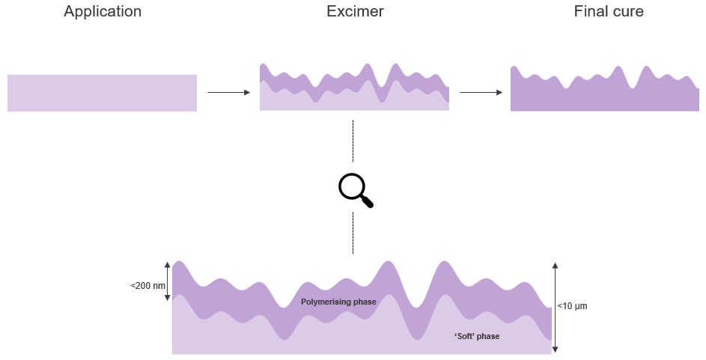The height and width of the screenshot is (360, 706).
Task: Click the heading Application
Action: tap(103, 12)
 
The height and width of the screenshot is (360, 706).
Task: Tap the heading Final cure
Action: tap(609, 12)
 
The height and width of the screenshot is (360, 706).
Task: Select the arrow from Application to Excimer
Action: tap(228, 92)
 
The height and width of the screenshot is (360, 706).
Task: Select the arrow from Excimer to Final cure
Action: tap(481, 92)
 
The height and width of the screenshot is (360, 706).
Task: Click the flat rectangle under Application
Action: tap(102, 93)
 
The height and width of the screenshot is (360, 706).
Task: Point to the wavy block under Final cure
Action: tap(604, 96)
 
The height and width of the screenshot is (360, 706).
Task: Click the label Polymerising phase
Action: tap(338, 302)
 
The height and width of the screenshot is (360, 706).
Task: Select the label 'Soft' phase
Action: tap(477, 336)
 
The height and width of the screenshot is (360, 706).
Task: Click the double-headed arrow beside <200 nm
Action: tap(167, 281)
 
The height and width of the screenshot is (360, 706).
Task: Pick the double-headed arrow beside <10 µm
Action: tap(555, 307)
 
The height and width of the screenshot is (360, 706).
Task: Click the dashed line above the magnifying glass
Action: tap(353, 141)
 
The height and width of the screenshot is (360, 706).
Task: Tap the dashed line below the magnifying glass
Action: tap(353, 234)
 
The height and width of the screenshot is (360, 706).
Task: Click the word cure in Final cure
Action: tap(627, 12)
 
